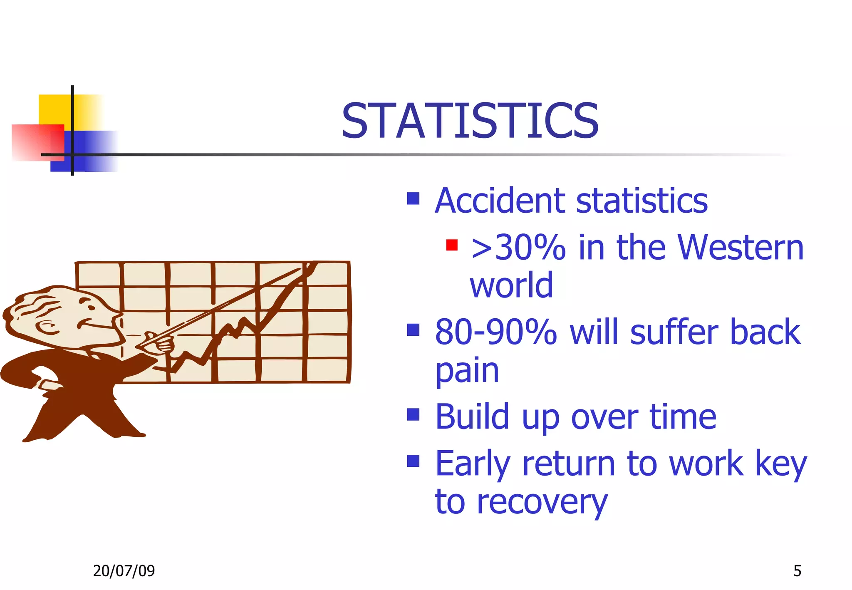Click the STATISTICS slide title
[x=470, y=121]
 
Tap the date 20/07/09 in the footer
[x=124, y=571]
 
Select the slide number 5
[x=797, y=571]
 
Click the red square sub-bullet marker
[x=451, y=245]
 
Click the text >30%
[x=518, y=248]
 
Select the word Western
[x=741, y=248]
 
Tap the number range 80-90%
[x=495, y=332]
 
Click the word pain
[x=467, y=371]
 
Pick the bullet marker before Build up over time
[x=413, y=414]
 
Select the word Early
[x=473, y=464]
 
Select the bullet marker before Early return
[x=413, y=461]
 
